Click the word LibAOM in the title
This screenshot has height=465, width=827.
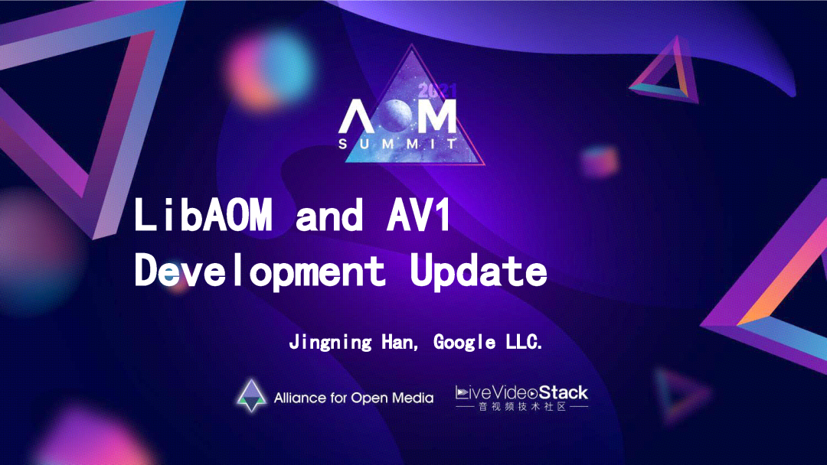click(203, 216)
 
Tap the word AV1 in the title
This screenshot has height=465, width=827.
click(420, 216)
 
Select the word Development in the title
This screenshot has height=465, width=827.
click(260, 271)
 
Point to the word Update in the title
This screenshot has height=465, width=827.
click(478, 271)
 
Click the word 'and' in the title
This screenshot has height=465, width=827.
click(329, 216)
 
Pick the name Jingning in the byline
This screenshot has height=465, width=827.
click(331, 342)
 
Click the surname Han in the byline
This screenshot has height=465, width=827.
click(400, 342)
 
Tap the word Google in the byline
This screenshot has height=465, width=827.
click(464, 342)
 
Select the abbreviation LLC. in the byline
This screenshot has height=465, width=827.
click(523, 342)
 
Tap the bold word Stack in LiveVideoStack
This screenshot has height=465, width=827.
click(564, 393)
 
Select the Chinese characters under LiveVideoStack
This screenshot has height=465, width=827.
click(522, 408)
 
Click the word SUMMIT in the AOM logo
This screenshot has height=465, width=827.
click(398, 143)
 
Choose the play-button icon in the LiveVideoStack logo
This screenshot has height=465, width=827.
click(532, 393)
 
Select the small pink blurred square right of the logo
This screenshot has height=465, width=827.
click(599, 161)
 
